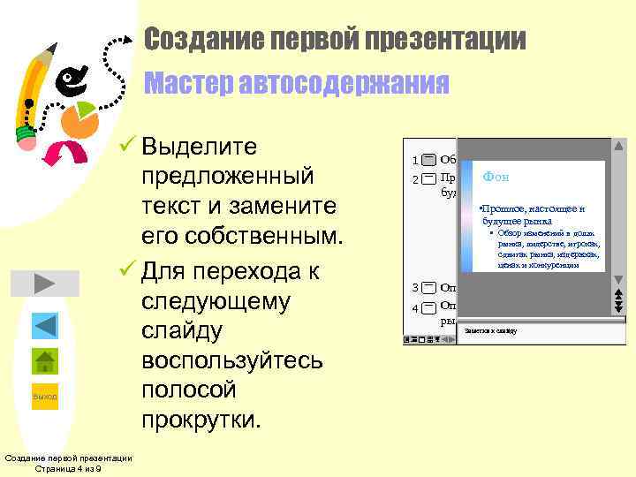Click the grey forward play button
point(45,284)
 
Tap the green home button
point(45,361)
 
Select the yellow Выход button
point(45,397)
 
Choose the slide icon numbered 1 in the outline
point(428,160)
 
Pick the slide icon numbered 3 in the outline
point(428,288)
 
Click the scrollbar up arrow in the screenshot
point(618,146)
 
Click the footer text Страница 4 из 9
point(68,468)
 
